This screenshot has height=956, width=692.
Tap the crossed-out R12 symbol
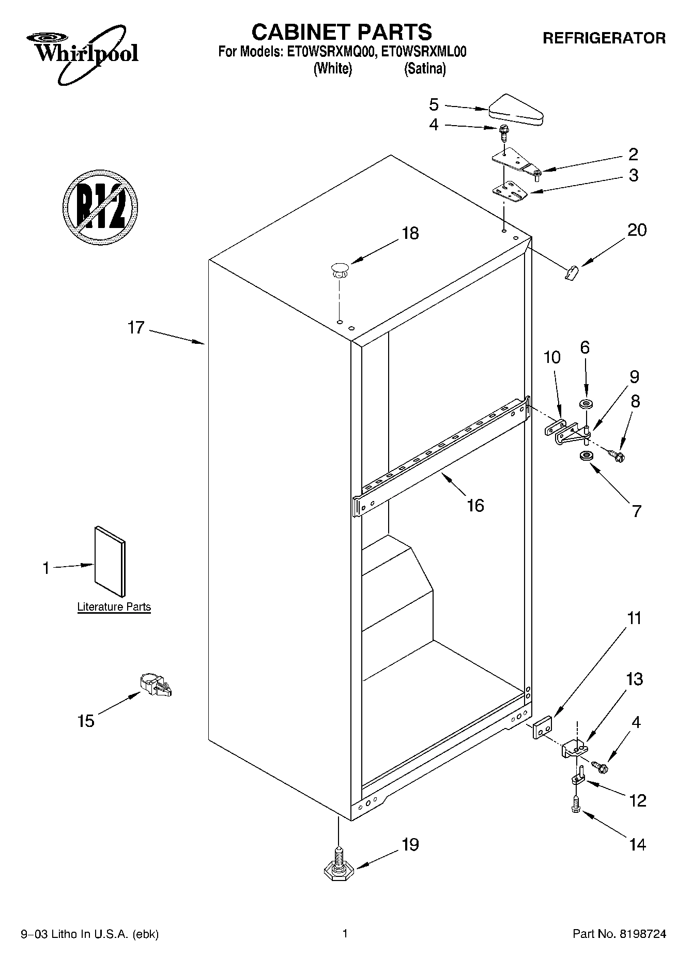click(x=100, y=206)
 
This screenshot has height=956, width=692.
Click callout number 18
click(x=410, y=233)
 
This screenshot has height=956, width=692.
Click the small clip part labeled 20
click(x=571, y=272)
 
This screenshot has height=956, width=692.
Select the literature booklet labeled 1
click(x=110, y=562)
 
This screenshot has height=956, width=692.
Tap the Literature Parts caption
click(x=114, y=607)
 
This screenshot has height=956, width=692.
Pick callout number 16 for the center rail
click(x=475, y=505)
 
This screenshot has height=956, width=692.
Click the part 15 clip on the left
click(x=155, y=686)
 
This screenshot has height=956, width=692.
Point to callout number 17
click(x=136, y=328)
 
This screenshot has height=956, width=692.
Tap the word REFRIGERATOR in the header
click(x=604, y=38)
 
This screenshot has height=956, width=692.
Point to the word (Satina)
click(x=424, y=69)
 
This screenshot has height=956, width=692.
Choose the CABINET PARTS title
click(x=341, y=32)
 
